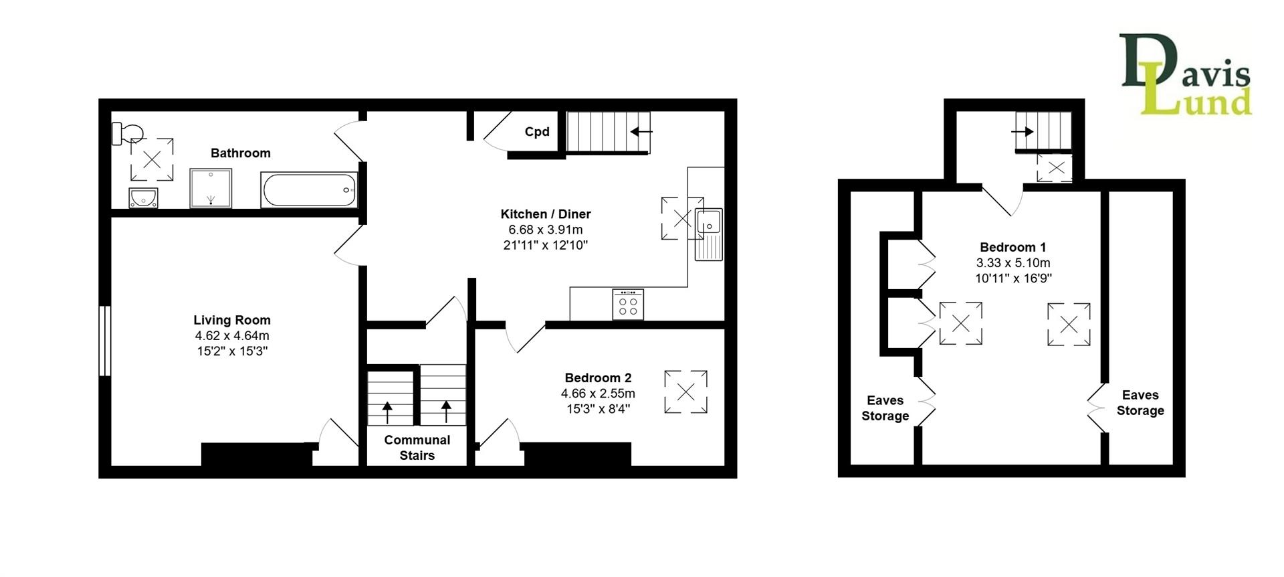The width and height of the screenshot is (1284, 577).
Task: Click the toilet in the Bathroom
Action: (x=126, y=133)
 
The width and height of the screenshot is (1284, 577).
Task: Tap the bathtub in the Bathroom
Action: (x=310, y=190)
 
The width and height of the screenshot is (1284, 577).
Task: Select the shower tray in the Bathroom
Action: (x=211, y=188)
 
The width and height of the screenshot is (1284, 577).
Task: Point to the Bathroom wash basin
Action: (x=143, y=198)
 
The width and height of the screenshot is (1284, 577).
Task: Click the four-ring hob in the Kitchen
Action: (x=628, y=305)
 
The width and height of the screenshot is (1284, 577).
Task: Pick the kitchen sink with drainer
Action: (x=709, y=234)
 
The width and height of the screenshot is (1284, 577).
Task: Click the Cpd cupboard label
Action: (x=537, y=132)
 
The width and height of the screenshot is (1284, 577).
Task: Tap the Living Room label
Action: (x=232, y=320)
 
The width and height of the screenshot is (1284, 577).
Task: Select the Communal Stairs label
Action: (x=417, y=448)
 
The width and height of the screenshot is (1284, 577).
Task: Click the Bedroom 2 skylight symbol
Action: (x=685, y=392)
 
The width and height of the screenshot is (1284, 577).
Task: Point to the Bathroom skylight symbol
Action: (x=152, y=159)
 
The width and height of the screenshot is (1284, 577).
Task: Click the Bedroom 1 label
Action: (x=1013, y=247)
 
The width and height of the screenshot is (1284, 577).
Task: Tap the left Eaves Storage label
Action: (x=885, y=408)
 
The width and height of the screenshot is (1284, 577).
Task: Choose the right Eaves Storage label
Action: (x=1140, y=403)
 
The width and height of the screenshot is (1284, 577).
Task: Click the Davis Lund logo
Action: (x=1186, y=74)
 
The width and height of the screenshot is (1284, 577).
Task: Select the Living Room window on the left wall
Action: (x=104, y=341)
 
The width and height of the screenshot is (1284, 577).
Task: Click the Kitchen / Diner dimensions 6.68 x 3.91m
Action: (x=546, y=230)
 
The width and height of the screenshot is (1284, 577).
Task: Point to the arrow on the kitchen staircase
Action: (x=641, y=132)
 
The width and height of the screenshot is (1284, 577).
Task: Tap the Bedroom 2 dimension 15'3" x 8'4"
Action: (x=599, y=408)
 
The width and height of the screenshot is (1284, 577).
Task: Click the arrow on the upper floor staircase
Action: (x=1023, y=132)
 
